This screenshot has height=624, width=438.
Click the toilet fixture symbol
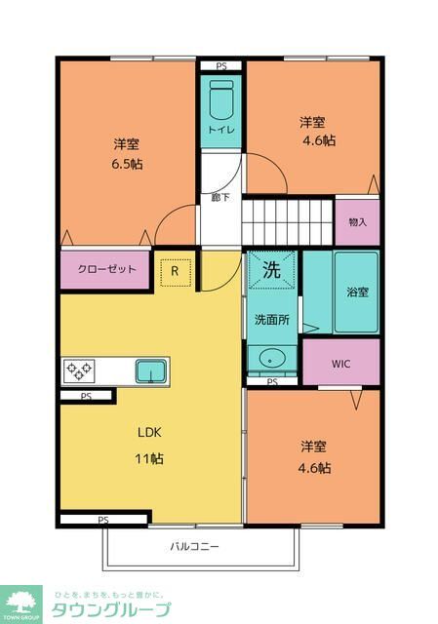click(x=221, y=99)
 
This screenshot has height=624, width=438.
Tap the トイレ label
click(x=221, y=130)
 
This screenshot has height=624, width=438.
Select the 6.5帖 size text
click(x=127, y=164)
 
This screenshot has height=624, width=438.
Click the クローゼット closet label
click(x=106, y=269)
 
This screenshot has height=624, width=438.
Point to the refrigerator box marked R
click(x=176, y=272)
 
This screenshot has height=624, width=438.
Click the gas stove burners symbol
click(x=79, y=370)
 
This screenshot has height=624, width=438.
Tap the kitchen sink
click(x=151, y=371)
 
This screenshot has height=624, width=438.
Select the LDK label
click(x=149, y=433)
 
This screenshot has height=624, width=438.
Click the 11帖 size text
click(x=149, y=458)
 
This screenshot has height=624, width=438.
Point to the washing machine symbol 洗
click(x=272, y=270)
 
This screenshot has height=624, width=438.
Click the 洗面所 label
click(x=272, y=320)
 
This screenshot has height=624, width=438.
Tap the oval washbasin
click(x=272, y=358)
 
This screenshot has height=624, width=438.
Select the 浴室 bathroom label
click(x=357, y=292)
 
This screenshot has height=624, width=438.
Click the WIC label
click(x=340, y=364)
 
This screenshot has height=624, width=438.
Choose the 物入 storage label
click(x=358, y=222)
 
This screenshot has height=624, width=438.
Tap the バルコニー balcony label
click(x=195, y=546)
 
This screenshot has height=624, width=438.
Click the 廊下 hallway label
click(x=220, y=197)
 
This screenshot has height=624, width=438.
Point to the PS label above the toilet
click(x=221, y=66)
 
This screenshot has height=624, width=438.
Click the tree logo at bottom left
click(x=20, y=603)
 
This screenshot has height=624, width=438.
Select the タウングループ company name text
click(x=111, y=609)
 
